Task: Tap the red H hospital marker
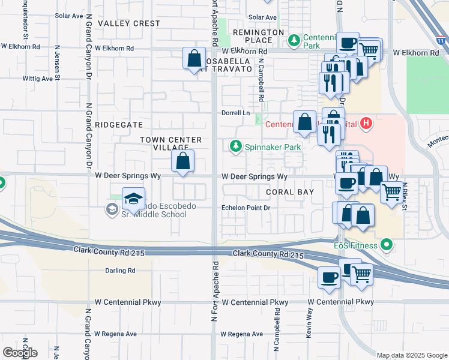pos(367,124)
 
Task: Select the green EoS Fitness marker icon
pos(387,245)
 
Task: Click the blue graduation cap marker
pos(133,199)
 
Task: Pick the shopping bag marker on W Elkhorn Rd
pos(194,59)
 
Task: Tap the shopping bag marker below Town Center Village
pos(183,161)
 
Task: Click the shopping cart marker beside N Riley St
pos(391,192)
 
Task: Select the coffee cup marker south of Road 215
pos(329,277)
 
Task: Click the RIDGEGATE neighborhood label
pos(118,125)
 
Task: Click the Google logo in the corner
pos(20,353)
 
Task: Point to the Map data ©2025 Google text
pos(411,355)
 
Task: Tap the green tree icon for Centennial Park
pos(294,41)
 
